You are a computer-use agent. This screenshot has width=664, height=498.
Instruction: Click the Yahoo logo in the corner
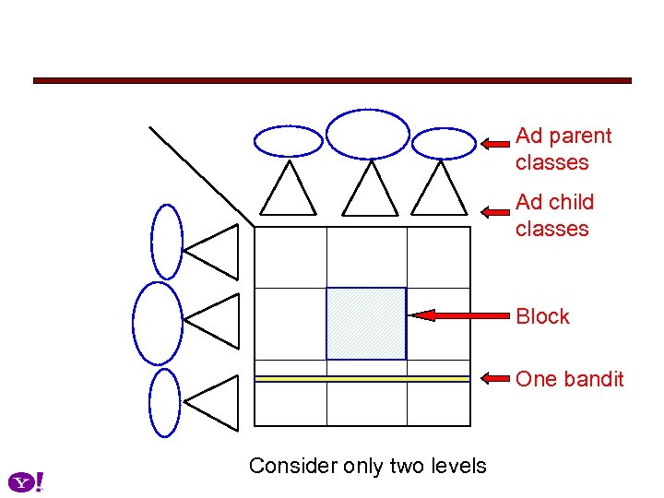pyautogui.click(x=26, y=481)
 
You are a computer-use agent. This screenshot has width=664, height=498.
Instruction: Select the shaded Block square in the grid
pyautogui.click(x=366, y=323)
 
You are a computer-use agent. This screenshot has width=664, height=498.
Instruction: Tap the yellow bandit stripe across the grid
pyautogui.click(x=362, y=378)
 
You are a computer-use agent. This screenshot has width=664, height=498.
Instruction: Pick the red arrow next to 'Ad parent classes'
pyautogui.click(x=495, y=144)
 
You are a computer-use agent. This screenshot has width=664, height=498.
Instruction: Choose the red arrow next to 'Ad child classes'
pyautogui.click(x=495, y=210)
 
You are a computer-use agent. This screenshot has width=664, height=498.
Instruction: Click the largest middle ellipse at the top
pyautogui.click(x=368, y=135)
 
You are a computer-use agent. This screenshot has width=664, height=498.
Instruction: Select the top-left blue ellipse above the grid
pyautogui.click(x=289, y=141)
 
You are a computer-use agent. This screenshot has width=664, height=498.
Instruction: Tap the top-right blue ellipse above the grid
pyautogui.click(x=443, y=143)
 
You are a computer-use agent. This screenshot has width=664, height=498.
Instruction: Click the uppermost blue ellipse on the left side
pyautogui.click(x=167, y=241)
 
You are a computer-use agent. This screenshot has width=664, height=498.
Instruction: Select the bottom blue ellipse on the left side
pyautogui.click(x=165, y=402)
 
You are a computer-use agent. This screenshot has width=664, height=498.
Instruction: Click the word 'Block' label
pyautogui.click(x=542, y=316)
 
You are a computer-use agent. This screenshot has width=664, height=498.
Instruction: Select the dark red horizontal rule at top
pyautogui.click(x=332, y=81)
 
